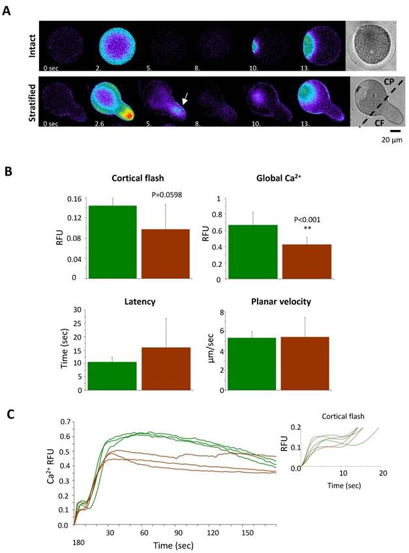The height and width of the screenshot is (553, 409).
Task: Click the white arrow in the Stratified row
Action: [x=185, y=98]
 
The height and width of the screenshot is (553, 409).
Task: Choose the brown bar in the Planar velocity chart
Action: [x=307, y=364]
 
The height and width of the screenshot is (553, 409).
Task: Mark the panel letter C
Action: [x=7, y=413]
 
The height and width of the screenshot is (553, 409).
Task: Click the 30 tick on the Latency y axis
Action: [x=78, y=309]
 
